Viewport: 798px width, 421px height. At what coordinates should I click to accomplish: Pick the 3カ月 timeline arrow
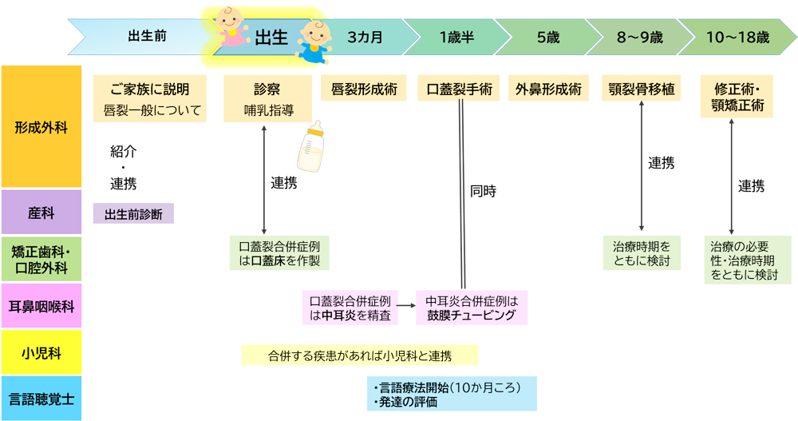click(x=366, y=37)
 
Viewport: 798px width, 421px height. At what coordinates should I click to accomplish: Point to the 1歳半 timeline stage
click(x=457, y=37)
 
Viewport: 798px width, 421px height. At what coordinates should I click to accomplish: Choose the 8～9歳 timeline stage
click(x=639, y=37)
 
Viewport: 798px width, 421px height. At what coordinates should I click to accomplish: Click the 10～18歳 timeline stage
click(x=737, y=37)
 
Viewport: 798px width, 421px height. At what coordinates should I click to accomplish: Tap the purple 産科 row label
click(x=41, y=212)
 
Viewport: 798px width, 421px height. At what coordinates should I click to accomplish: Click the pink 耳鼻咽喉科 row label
click(x=41, y=305)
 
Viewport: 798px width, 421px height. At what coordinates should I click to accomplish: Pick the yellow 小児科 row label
click(x=41, y=353)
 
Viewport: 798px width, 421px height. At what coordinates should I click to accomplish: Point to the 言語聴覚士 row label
click(x=41, y=398)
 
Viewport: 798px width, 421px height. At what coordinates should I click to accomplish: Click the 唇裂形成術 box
click(x=364, y=88)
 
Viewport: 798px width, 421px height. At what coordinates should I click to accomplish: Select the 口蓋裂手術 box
click(x=459, y=88)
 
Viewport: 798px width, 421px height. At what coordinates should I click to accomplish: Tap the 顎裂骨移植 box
click(x=642, y=88)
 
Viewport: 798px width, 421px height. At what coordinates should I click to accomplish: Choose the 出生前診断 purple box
click(x=133, y=213)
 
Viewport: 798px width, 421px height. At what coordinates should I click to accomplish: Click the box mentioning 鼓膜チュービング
click(x=472, y=308)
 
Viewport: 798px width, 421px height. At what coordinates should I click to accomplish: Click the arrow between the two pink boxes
click(x=407, y=304)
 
